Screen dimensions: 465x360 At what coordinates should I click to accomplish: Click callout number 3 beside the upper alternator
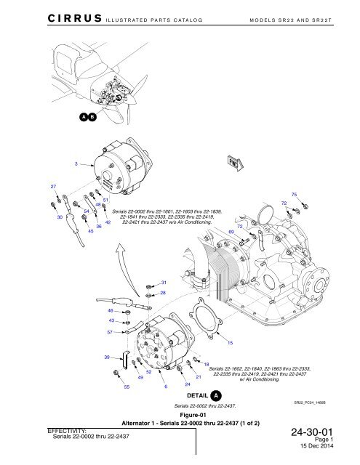coord(76,163)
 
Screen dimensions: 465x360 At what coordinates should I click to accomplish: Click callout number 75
coord(295,195)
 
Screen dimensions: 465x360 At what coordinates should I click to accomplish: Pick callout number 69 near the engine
coord(231,230)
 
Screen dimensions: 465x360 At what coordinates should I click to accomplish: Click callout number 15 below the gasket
coord(229,341)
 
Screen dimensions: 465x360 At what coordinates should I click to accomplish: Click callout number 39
coord(107,357)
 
